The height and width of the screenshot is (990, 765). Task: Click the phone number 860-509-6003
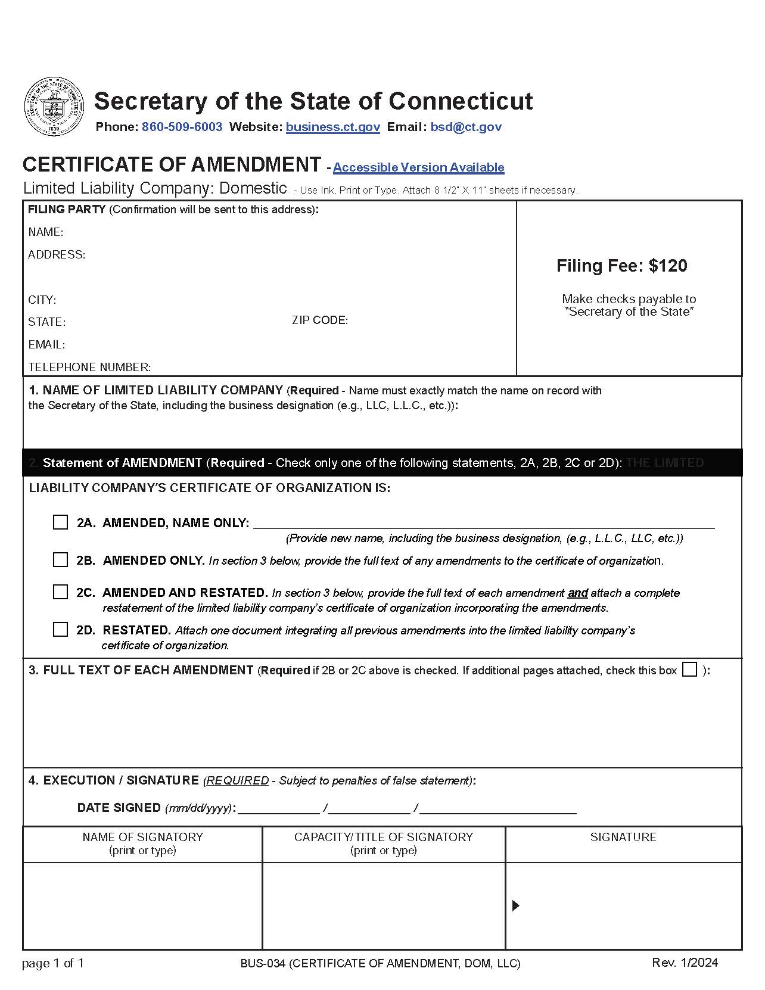coord(182,127)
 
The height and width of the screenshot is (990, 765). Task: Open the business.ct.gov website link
coord(332,127)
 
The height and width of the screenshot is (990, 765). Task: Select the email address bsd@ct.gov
coord(466,127)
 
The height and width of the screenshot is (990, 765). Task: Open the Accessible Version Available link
coord(418,167)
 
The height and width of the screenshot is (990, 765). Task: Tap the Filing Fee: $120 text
coord(621,266)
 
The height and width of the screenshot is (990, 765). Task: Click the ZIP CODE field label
coord(319,320)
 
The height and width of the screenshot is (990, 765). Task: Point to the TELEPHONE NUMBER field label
coord(89,367)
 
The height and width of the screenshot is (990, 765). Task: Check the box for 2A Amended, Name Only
coord(60,522)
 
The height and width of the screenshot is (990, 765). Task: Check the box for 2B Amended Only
coord(60,560)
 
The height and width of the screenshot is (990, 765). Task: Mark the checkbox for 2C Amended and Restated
coord(60,592)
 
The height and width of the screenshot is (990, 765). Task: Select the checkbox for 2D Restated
coord(60,630)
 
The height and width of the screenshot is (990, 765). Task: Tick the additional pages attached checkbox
coord(689,670)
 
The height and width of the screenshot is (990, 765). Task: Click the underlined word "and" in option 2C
coord(577,593)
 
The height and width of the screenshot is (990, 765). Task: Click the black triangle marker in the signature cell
coord(516,905)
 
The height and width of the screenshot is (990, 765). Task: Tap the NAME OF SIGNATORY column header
coord(142,837)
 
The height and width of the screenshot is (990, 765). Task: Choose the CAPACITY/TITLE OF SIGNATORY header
coord(383,837)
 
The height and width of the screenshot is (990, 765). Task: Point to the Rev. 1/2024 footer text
coord(685,963)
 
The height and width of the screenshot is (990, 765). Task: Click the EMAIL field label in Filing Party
coord(46,344)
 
